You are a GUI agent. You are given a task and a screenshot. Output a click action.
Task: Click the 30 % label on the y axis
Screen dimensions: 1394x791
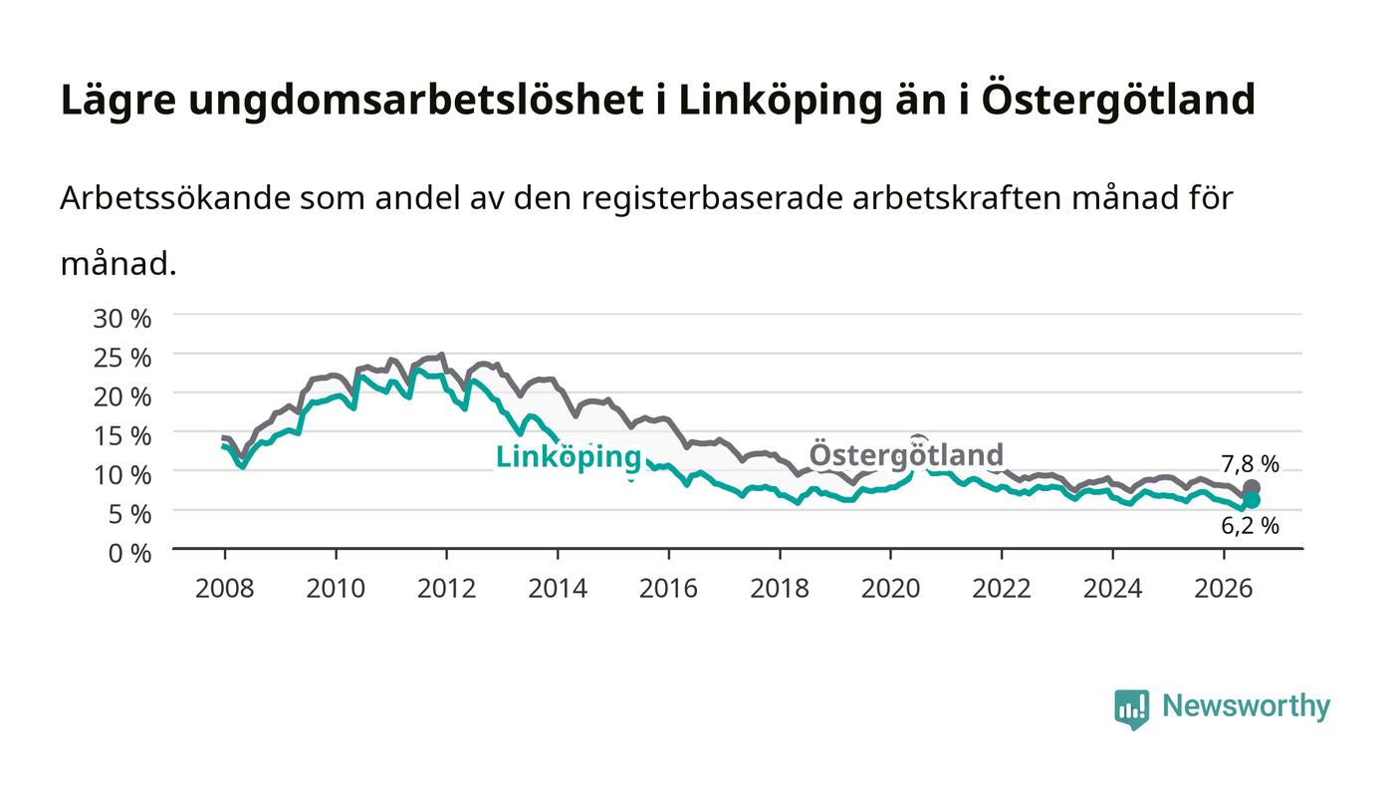(121, 319)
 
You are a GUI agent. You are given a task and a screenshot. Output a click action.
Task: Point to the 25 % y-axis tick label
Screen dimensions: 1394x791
(121, 358)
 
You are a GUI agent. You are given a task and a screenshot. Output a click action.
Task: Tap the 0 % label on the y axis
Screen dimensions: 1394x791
(129, 554)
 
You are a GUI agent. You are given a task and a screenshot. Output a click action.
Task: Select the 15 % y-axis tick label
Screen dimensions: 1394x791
(121, 436)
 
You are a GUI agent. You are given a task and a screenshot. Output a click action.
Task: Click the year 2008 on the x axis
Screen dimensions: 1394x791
(225, 589)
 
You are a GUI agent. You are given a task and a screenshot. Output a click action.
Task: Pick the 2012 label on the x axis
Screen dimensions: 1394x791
(446, 589)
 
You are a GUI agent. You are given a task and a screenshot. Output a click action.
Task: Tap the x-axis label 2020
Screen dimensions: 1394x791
(890, 589)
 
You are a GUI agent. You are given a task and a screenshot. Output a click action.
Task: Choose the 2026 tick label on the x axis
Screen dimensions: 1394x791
(1224, 589)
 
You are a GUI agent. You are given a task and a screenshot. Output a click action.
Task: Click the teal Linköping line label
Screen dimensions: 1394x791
(569, 458)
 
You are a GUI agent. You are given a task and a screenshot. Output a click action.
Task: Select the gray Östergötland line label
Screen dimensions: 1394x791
(906, 454)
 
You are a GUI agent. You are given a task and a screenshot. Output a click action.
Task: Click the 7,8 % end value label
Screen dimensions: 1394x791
(1250, 464)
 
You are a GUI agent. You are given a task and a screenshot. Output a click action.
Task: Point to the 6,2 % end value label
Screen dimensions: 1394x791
(1250, 526)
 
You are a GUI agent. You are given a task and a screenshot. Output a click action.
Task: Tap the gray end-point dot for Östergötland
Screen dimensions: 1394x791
(1252, 488)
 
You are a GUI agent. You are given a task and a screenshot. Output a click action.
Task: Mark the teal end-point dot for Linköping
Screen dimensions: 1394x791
(1252, 500)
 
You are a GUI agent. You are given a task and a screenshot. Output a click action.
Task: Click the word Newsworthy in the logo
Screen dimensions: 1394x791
(1246, 706)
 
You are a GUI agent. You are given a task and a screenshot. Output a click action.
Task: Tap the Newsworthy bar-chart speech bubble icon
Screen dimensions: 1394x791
(1131, 708)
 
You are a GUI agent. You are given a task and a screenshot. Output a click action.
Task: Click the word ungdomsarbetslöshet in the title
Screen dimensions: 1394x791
(416, 101)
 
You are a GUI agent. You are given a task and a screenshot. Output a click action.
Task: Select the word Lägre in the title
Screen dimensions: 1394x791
(118, 101)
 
